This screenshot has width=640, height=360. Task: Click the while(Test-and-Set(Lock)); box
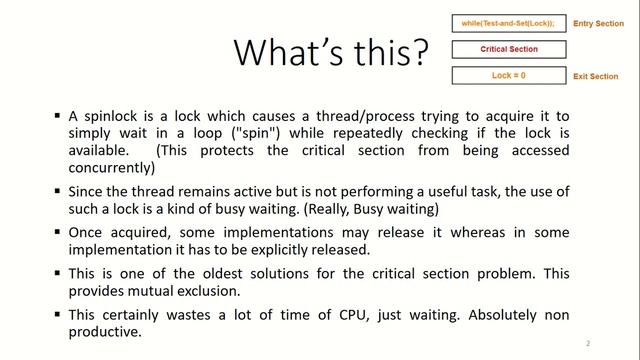(x=509, y=23)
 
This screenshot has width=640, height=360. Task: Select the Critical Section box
(x=509, y=49)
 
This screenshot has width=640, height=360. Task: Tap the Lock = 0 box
(x=509, y=75)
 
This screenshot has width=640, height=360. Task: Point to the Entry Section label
(x=598, y=24)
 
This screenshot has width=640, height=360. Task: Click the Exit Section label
(x=596, y=76)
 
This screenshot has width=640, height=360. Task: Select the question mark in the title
(x=424, y=51)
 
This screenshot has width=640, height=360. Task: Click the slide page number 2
(x=588, y=343)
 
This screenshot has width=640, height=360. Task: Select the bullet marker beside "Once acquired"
(x=57, y=230)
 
